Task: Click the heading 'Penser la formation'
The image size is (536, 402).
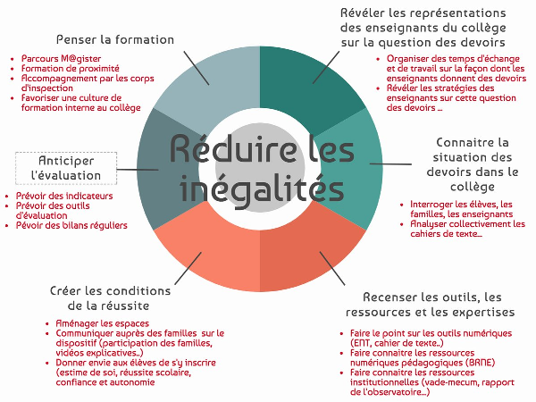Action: click(115, 39)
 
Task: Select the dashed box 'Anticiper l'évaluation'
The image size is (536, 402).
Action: click(66, 168)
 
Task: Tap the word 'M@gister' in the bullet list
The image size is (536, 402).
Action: click(80, 58)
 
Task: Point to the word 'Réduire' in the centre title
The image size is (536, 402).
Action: click(233, 148)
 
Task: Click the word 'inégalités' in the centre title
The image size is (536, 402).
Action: click(262, 189)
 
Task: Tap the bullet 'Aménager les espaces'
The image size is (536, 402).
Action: click(102, 323)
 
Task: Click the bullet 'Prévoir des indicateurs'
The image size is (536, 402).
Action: click(64, 196)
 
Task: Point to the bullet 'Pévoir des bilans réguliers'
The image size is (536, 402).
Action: click(71, 225)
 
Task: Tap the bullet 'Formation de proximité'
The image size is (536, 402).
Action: click(70, 69)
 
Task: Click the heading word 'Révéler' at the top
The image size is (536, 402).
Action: click(363, 13)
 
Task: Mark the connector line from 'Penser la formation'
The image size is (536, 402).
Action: click(197, 68)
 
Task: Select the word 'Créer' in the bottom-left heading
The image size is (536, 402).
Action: click(66, 291)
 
